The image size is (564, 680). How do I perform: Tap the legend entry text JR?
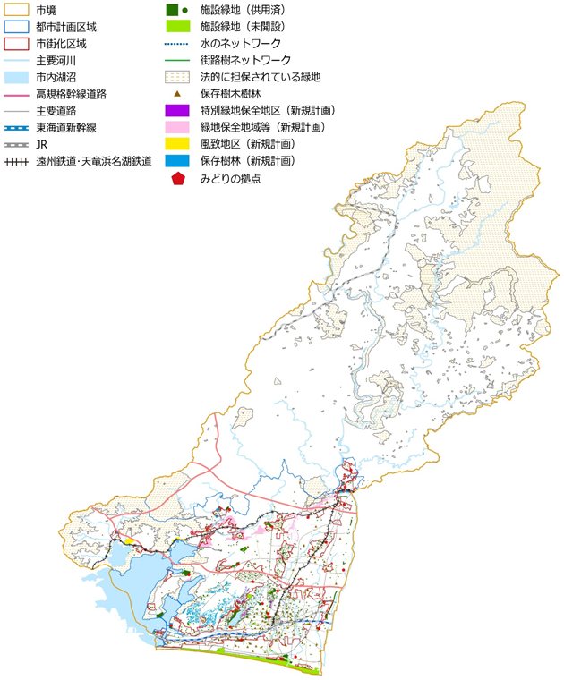(x=42, y=145)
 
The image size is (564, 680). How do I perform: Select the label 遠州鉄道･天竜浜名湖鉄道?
(x=93, y=162)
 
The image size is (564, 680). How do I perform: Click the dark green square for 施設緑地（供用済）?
(x=171, y=9)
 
